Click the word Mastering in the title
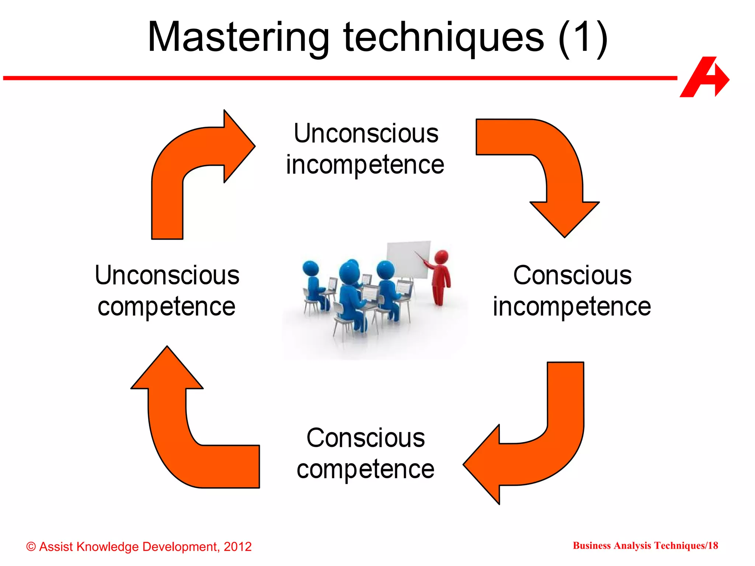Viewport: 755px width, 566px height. coord(238,38)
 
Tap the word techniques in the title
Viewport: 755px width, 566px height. coord(443,38)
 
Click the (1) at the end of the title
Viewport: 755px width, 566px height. coord(582,38)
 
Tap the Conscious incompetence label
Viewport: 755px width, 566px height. coord(572,291)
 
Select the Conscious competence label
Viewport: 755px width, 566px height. coord(365,454)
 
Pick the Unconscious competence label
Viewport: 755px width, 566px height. coord(167,291)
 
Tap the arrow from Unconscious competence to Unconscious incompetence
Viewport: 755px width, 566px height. coord(177,166)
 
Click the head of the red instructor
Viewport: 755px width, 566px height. coord(441,256)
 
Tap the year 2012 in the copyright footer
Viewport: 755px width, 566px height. coord(237,546)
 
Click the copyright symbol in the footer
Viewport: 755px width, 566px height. coord(31,547)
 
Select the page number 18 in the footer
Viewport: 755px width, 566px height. coord(713,545)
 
